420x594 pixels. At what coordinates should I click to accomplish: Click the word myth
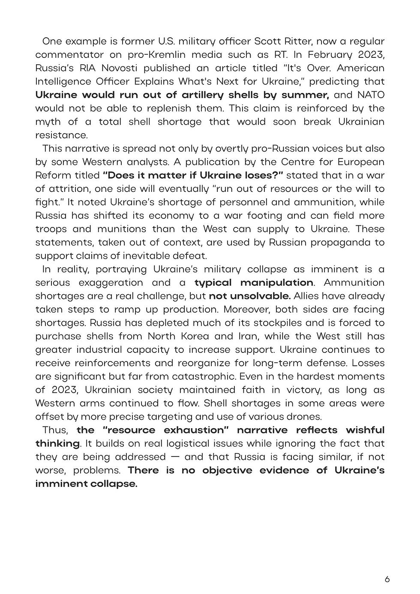click(48, 122)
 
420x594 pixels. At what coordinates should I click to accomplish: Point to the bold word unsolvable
click(249, 296)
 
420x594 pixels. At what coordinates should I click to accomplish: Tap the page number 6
click(387, 580)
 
